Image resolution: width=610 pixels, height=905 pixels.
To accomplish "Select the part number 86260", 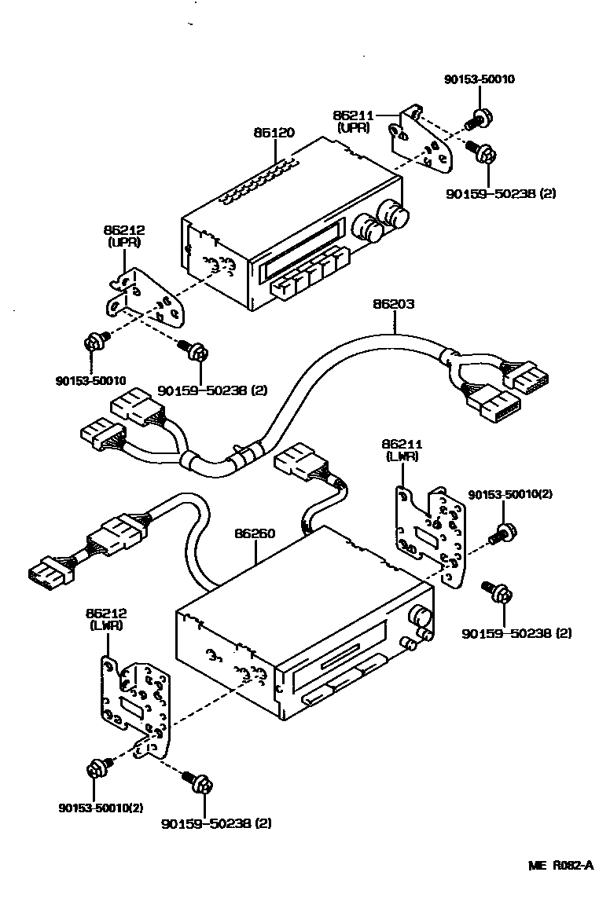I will click(x=255, y=533).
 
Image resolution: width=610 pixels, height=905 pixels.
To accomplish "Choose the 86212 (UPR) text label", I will click(x=124, y=236).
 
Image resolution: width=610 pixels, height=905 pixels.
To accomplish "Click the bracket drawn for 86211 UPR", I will click(x=424, y=141).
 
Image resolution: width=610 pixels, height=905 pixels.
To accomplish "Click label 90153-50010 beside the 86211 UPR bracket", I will click(x=480, y=79).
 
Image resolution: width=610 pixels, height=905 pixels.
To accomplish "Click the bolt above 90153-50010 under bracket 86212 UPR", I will click(x=96, y=343).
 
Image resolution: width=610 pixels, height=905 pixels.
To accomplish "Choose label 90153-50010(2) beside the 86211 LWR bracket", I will click(x=510, y=494).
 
